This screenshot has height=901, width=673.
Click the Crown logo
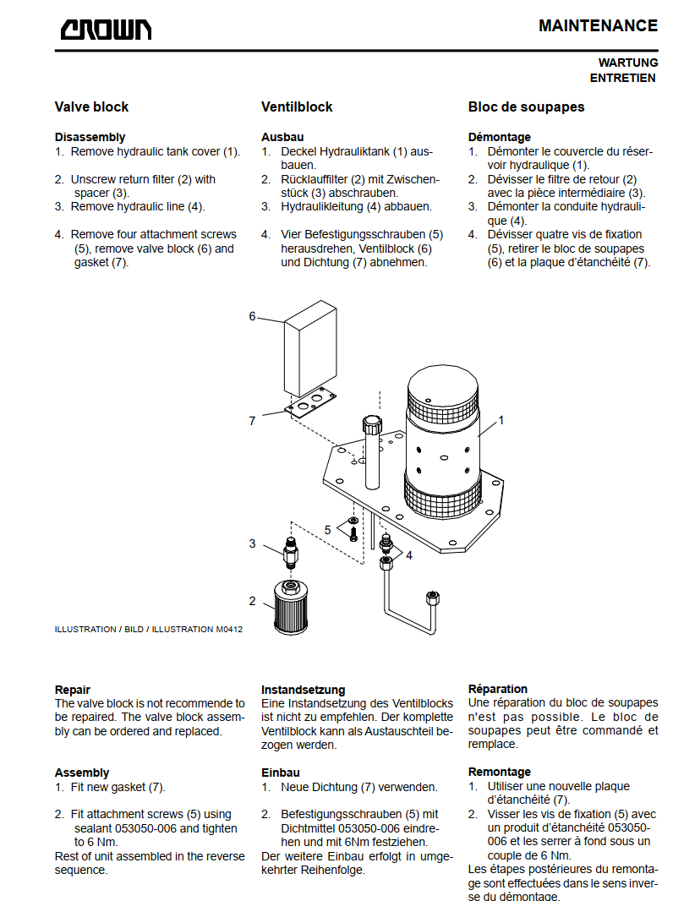(107, 30)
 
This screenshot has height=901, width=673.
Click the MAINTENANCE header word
(598, 26)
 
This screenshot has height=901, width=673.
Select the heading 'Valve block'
(91, 106)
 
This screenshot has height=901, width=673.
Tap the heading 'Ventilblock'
(297, 106)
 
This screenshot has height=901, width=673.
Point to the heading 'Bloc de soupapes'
(526, 106)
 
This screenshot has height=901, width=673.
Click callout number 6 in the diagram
(252, 316)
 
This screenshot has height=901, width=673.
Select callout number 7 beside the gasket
(252, 421)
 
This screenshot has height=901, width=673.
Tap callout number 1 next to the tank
(501, 420)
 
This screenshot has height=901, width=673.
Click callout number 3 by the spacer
(252, 543)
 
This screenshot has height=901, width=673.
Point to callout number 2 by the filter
(252, 601)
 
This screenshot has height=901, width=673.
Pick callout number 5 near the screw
(327, 530)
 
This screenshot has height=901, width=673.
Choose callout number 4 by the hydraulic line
(408, 555)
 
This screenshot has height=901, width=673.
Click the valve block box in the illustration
(310, 347)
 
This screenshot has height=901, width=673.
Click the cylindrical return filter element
(291, 607)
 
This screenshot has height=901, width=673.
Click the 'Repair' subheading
(73, 690)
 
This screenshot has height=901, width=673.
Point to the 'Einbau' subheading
(281, 773)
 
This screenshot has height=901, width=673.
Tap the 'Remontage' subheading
(500, 772)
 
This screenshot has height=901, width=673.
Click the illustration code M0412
(229, 629)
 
